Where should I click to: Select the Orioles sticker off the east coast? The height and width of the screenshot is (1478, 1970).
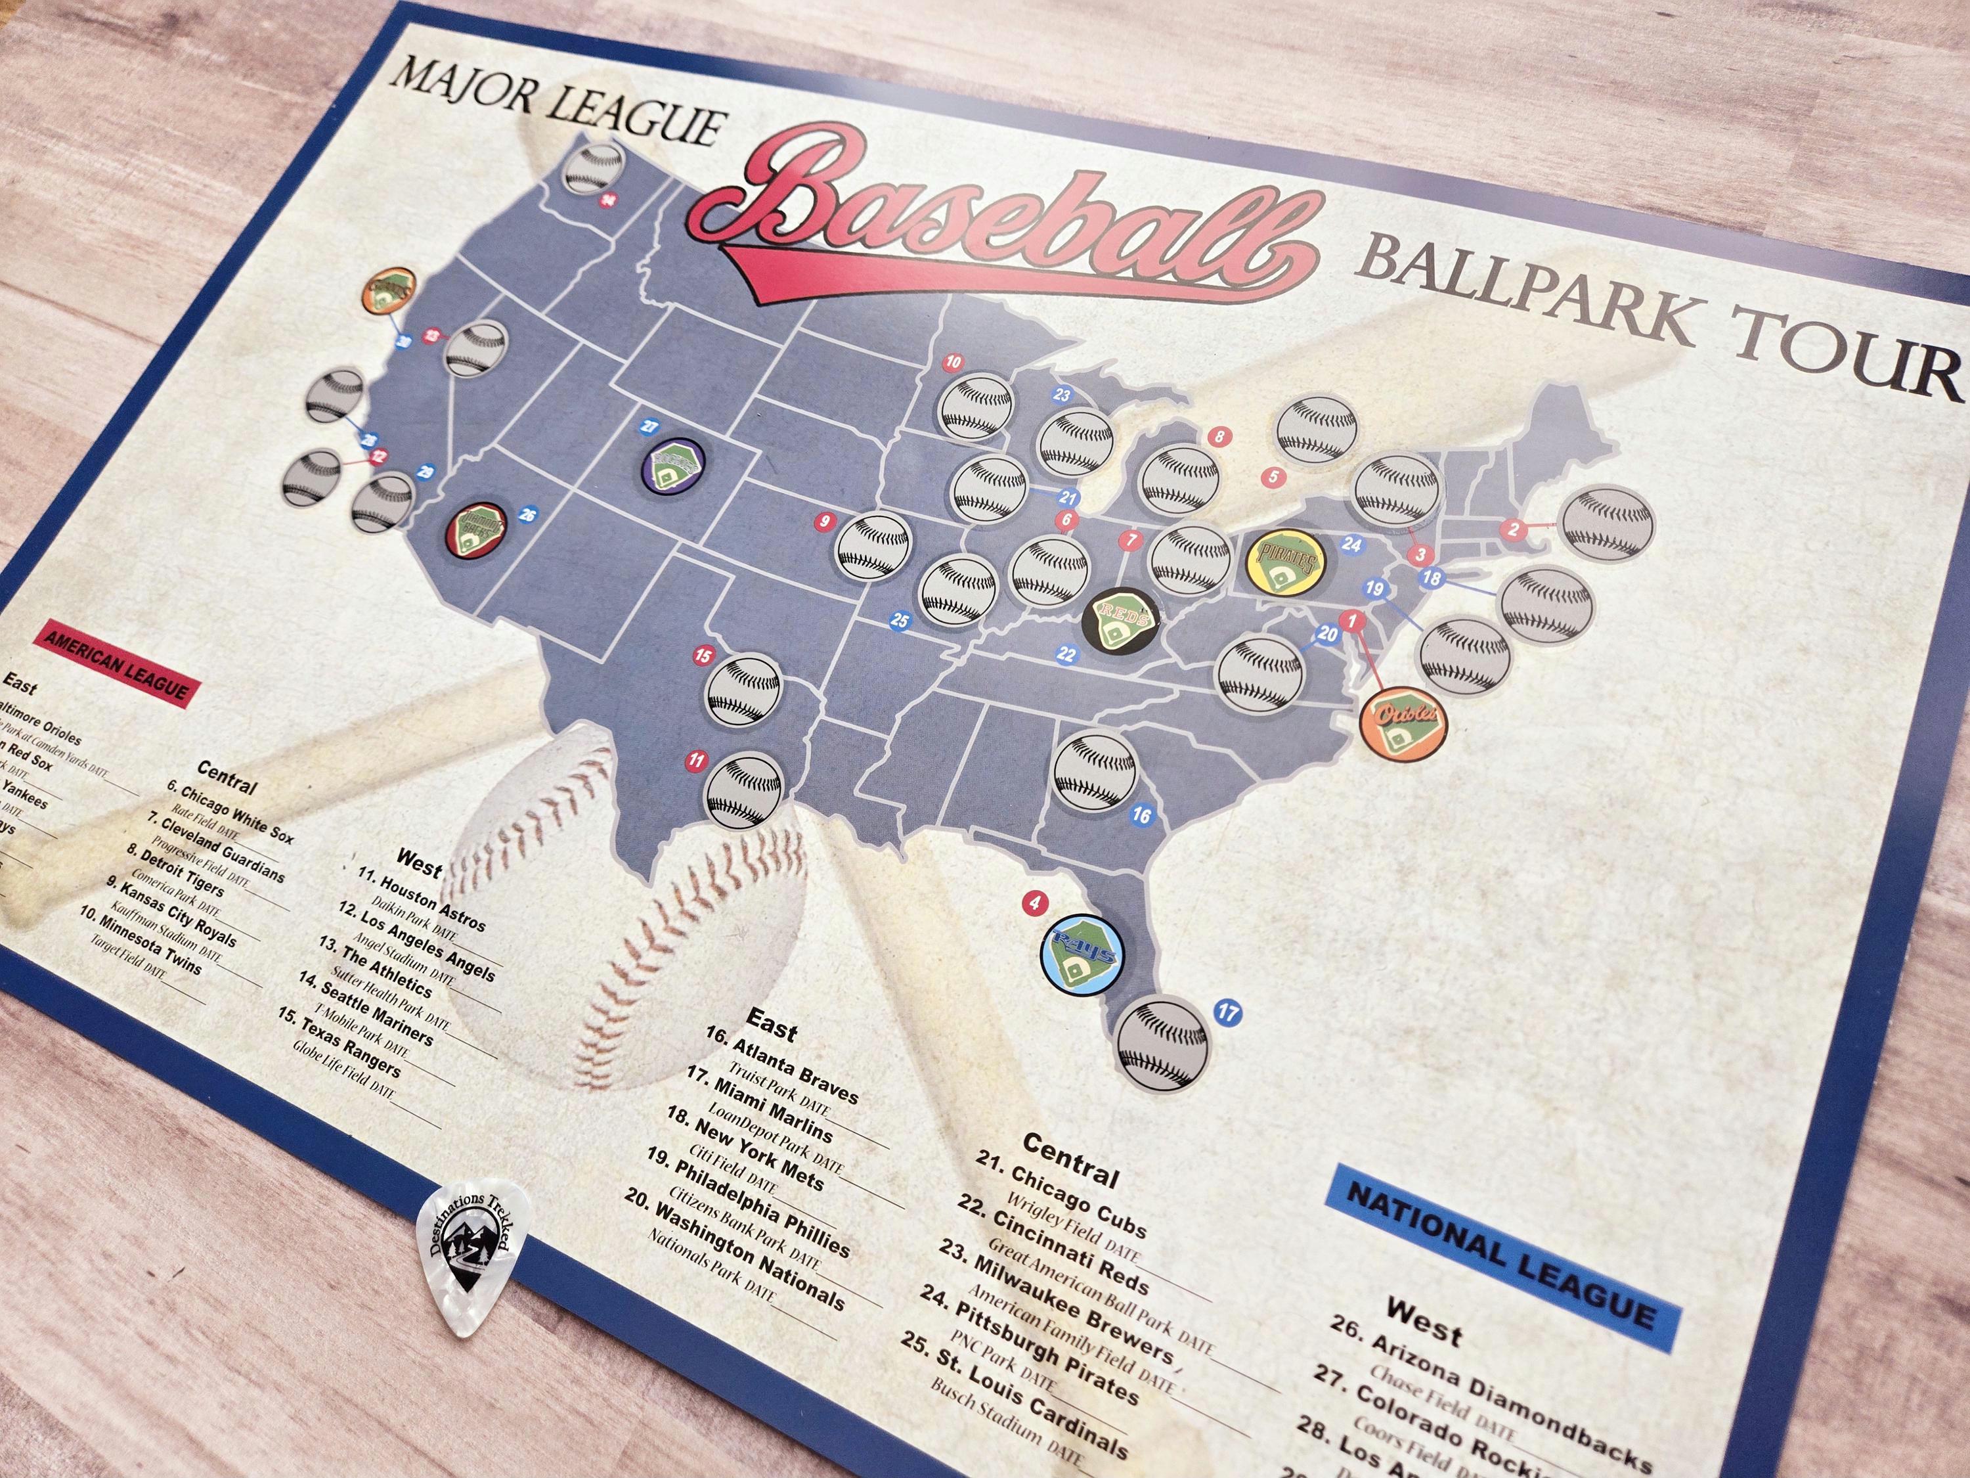tap(1403, 721)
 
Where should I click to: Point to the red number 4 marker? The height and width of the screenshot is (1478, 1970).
tap(1034, 903)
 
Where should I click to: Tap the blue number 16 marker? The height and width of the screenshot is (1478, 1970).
tap(1141, 815)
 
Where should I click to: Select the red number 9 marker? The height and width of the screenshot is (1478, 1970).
tap(825, 521)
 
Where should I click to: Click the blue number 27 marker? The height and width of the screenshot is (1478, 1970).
tap(648, 427)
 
